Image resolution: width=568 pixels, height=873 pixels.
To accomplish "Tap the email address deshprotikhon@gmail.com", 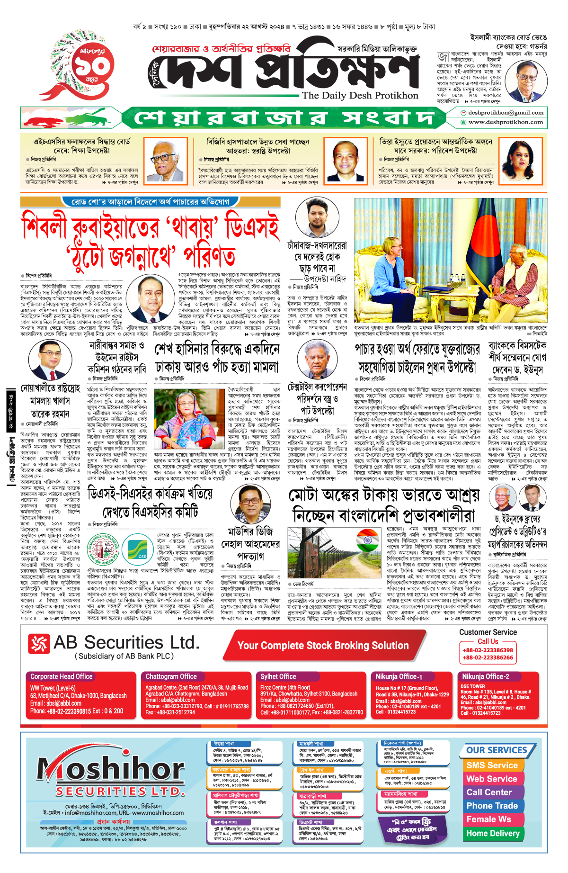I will (x=506, y=113).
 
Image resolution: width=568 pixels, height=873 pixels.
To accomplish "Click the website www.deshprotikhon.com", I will (x=506, y=122).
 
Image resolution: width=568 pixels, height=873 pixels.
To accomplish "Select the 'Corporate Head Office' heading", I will (x=62, y=676).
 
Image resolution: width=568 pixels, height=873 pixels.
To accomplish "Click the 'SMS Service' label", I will (x=492, y=765).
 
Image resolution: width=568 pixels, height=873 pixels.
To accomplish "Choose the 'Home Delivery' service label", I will (x=493, y=833).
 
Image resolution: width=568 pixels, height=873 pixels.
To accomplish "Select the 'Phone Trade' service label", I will (x=492, y=806).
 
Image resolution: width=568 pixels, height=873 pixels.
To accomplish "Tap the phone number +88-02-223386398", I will (x=488, y=650).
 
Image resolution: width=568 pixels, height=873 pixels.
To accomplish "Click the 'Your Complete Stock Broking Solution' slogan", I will (x=323, y=646).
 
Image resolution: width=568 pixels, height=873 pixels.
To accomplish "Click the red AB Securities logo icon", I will (x=39, y=644).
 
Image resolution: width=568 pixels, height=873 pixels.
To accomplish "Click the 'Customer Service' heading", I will (x=488, y=632).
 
